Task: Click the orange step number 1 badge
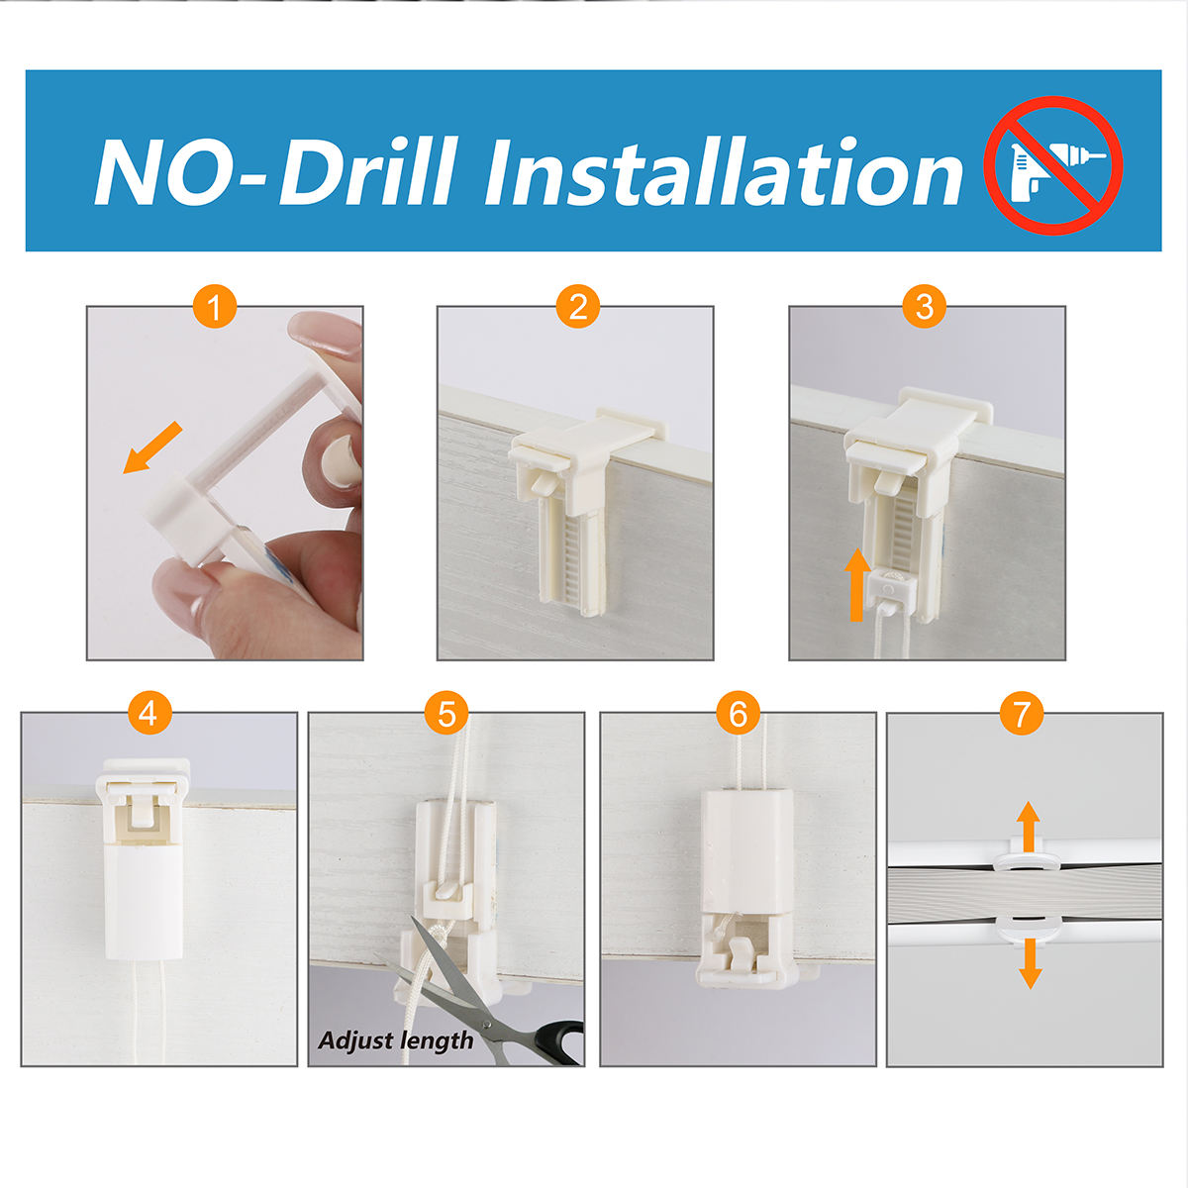(215, 306)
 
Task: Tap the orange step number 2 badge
(577, 306)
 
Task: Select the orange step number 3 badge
(924, 306)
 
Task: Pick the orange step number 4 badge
(149, 713)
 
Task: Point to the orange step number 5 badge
(446, 713)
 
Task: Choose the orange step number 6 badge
(738, 713)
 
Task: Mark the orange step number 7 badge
(1022, 713)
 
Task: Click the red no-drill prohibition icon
(1052, 165)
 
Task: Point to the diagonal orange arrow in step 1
(152, 448)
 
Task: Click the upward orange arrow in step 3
(857, 585)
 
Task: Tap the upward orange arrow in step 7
(1029, 827)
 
